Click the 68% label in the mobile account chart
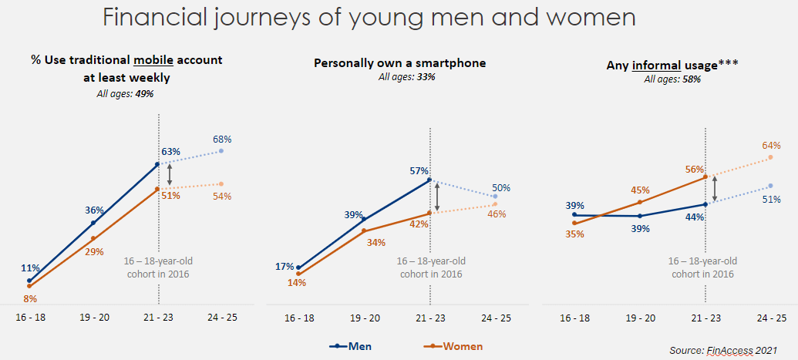(222, 139)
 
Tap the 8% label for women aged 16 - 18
(30, 299)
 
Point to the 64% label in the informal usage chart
(771, 146)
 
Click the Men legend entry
(351, 347)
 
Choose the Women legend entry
(453, 347)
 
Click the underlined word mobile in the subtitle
(153, 60)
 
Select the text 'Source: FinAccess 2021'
(723, 350)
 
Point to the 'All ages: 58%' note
(672, 79)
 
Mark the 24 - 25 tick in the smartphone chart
(497, 318)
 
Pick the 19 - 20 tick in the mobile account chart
(94, 318)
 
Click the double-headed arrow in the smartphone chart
(437, 196)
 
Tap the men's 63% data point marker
(157, 164)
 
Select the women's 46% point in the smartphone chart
(495, 205)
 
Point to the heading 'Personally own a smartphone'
(400, 63)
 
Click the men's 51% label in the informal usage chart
(772, 199)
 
